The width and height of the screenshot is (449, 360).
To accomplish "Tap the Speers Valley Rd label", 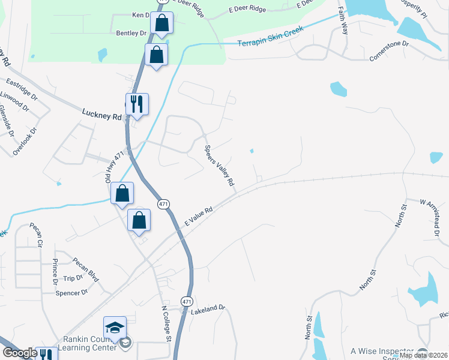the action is point(219,166).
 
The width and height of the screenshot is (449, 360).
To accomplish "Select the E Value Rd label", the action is point(199,217).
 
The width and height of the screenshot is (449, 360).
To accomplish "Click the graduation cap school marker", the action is point(115,328).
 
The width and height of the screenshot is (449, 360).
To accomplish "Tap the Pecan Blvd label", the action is point(85,268).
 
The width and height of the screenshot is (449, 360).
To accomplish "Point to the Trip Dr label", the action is point(73,278).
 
